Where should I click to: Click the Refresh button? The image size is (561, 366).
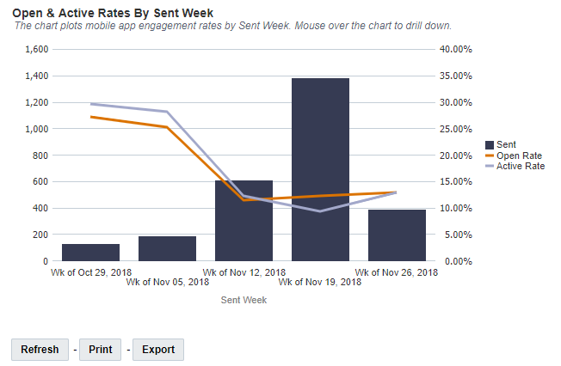(40, 350)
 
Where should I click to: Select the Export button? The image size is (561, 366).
(158, 350)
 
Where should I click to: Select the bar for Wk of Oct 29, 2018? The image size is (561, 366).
(90, 253)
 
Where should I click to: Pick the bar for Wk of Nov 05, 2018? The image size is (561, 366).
(167, 248)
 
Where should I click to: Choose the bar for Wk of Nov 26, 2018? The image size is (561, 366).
(397, 235)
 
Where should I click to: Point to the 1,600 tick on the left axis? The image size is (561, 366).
(36, 50)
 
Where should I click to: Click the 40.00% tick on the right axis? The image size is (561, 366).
(455, 50)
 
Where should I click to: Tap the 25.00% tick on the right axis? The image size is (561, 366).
(455, 129)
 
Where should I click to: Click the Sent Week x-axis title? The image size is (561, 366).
(244, 300)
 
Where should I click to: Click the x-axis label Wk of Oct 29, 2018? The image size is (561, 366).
(90, 272)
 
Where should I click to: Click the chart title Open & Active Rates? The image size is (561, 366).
(113, 13)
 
